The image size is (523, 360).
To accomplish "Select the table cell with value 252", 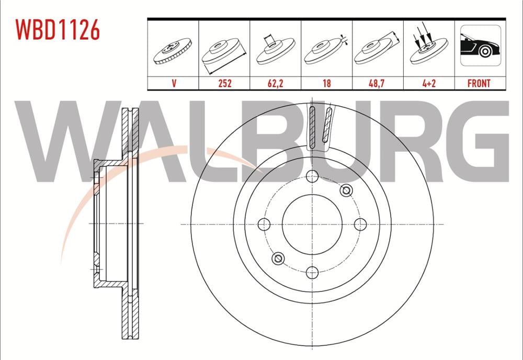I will (x=224, y=83).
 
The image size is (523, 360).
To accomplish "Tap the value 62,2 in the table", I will (x=275, y=83).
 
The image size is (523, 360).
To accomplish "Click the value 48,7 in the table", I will (x=378, y=83).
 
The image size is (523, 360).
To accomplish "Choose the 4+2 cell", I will (x=428, y=83).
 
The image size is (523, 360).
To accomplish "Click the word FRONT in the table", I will (x=479, y=83).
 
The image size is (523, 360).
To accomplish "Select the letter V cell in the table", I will (x=173, y=83).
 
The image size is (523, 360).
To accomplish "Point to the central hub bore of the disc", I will (x=312, y=224).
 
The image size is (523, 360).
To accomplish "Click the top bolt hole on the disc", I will (x=312, y=176).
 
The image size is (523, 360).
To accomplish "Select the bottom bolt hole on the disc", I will (x=312, y=272).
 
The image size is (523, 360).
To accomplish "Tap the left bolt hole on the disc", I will (x=264, y=224).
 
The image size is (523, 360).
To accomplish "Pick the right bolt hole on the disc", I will (x=360, y=224).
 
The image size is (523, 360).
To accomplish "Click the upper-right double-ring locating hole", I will (x=345, y=191).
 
